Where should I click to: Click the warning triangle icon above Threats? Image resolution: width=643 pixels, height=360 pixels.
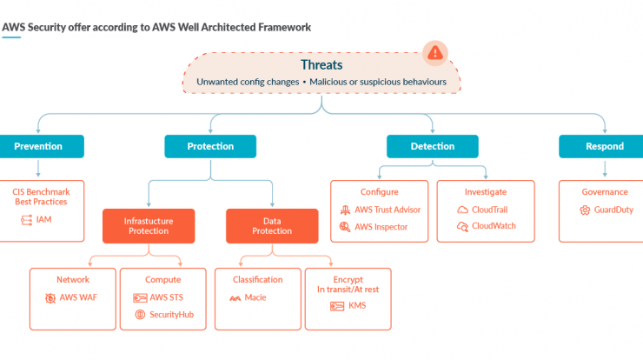coord(435,53)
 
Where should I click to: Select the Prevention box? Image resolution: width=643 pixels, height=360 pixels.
coord(42,147)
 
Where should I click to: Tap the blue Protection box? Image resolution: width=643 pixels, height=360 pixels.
coord(210,147)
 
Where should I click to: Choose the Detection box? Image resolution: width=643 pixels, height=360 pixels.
coord(432,147)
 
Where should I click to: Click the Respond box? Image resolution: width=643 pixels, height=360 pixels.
coord(601,147)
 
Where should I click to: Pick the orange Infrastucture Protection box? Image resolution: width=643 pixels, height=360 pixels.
coord(149,226)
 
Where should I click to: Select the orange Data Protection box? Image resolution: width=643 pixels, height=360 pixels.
coord(272,226)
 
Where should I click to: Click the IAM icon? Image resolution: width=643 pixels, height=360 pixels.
coord(26,220)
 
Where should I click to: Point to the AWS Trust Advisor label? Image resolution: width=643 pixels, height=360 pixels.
coord(388,210)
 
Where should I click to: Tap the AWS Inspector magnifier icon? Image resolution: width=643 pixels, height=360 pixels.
coord(345,227)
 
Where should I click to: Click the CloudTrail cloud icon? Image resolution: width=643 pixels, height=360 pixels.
coord(462,210)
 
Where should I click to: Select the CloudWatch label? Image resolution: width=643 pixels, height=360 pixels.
coord(494,226)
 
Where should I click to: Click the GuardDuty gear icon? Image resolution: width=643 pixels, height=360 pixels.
coord(585,210)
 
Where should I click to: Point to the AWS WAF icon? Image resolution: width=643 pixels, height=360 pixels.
coord(50,298)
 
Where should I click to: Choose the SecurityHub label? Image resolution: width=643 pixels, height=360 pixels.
coord(171,315)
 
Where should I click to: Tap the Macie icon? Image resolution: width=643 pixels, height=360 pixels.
coord(235,298)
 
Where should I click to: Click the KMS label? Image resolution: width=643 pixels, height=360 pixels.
coord(357,305)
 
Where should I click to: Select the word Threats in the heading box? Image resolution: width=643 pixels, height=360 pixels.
coord(321,65)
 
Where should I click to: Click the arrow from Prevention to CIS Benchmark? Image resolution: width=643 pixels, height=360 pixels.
coord(38,169)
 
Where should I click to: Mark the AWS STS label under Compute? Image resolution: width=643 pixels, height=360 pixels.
coord(167,297)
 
